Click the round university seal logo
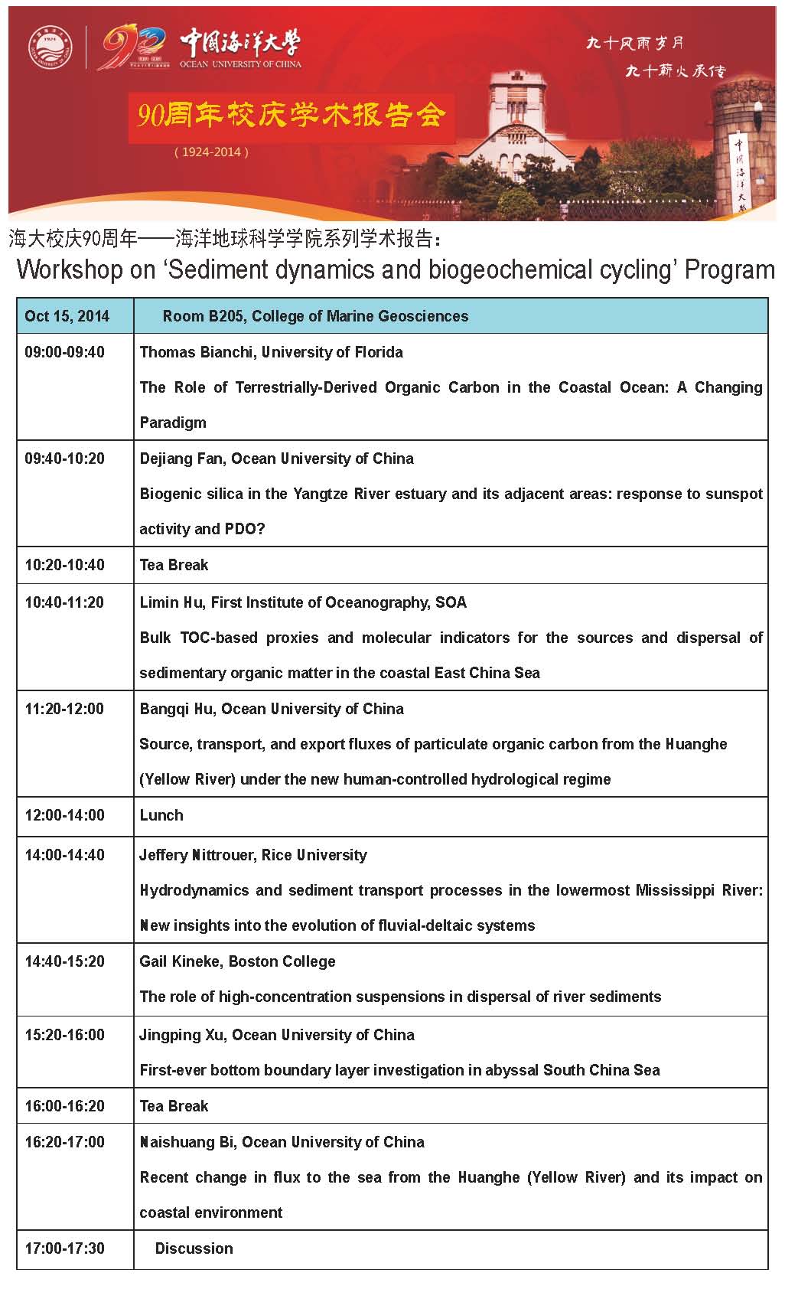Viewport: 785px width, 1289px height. (50, 47)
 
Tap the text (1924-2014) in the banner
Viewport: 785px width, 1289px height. (211, 152)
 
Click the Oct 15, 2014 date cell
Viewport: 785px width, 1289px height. (67, 316)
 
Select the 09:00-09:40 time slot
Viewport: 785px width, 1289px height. (64, 352)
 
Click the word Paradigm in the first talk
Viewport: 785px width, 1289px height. (173, 423)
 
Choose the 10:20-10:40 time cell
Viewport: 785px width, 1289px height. (64, 565)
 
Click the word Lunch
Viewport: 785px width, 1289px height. (161, 815)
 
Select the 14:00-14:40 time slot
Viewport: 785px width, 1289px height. (64, 855)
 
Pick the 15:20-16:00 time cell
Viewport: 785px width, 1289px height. (64, 1035)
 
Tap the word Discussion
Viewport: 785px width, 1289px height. (194, 1248)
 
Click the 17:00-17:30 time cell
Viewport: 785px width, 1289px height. (64, 1248)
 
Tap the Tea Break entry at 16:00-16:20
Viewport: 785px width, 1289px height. (174, 1106)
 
